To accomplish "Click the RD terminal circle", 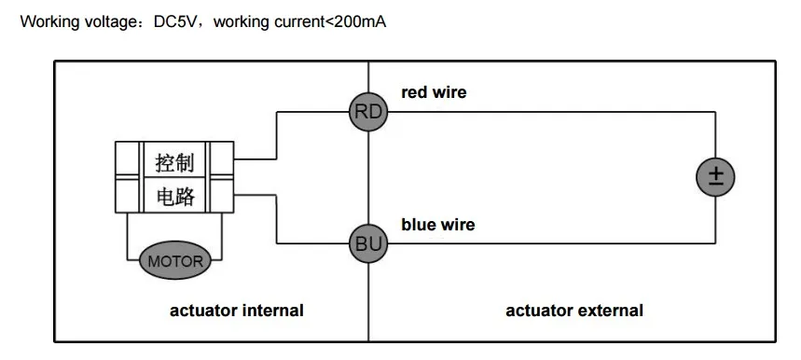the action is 368,111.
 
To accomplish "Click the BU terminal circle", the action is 368,243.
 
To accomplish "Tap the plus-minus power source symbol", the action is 715,177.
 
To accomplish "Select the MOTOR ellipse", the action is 174,261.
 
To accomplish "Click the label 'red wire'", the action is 434,92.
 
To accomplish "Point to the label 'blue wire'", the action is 437,225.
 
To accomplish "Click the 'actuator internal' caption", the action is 237,311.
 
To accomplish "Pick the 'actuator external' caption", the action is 574,311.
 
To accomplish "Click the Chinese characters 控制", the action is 174,163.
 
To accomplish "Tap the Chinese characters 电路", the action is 174,196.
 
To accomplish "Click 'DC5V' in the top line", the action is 174,22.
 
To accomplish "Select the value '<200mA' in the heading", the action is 355,22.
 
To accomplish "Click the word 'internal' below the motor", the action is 272,311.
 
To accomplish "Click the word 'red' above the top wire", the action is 413,92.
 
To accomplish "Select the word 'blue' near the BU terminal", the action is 417,225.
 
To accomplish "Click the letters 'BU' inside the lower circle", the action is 368,244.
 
